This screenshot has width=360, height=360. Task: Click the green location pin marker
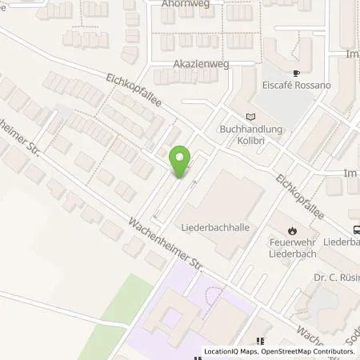coord(182,163)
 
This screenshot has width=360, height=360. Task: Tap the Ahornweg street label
coord(182,3)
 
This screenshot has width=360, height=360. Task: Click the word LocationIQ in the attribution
coord(223,352)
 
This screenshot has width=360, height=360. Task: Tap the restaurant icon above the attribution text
coord(259,341)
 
